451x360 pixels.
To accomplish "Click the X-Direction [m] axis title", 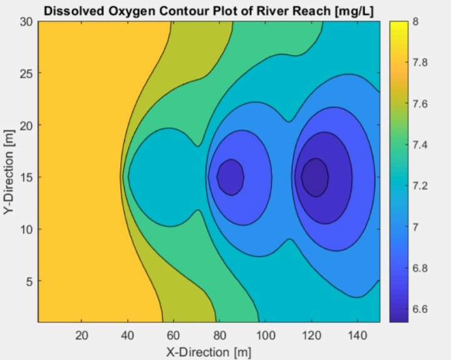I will click(x=209, y=351).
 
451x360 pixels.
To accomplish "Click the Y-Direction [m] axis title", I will click(x=9, y=171).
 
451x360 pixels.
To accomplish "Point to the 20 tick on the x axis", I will click(x=81, y=334).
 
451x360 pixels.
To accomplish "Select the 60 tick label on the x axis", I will click(x=174, y=334).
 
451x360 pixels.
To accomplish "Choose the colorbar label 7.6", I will click(x=421, y=104).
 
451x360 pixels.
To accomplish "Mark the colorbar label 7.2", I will click(x=421, y=186).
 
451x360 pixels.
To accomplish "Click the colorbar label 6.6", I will click(x=421, y=309).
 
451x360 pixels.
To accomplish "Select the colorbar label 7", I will click(x=416, y=227).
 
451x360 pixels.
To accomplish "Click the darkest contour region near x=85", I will click(x=231, y=177).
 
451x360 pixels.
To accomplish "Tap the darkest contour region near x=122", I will click(x=314, y=177).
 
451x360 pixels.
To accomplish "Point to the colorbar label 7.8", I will click(x=421, y=63).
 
